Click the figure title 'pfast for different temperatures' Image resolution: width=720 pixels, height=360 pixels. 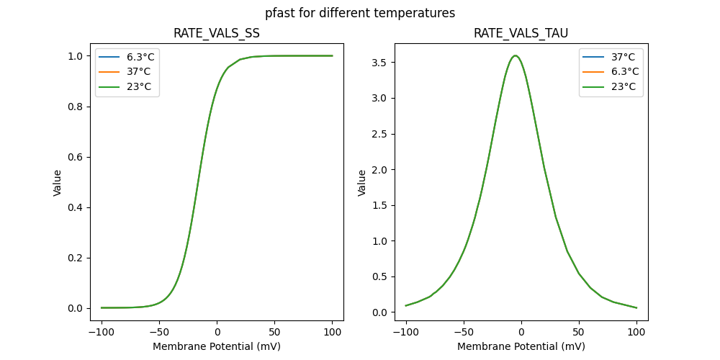tap(360, 13)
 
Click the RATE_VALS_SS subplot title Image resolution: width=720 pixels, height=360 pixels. tap(217, 33)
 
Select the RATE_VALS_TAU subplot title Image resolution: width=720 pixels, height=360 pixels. tap(521, 33)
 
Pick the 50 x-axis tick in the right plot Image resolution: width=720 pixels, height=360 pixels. tap(579, 333)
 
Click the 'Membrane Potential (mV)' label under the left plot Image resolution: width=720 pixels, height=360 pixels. tap(217, 346)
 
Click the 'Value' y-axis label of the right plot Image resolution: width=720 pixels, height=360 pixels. tap(362, 182)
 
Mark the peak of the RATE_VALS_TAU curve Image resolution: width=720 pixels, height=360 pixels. tap(515, 55)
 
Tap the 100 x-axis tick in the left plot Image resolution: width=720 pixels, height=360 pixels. tap(333, 333)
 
